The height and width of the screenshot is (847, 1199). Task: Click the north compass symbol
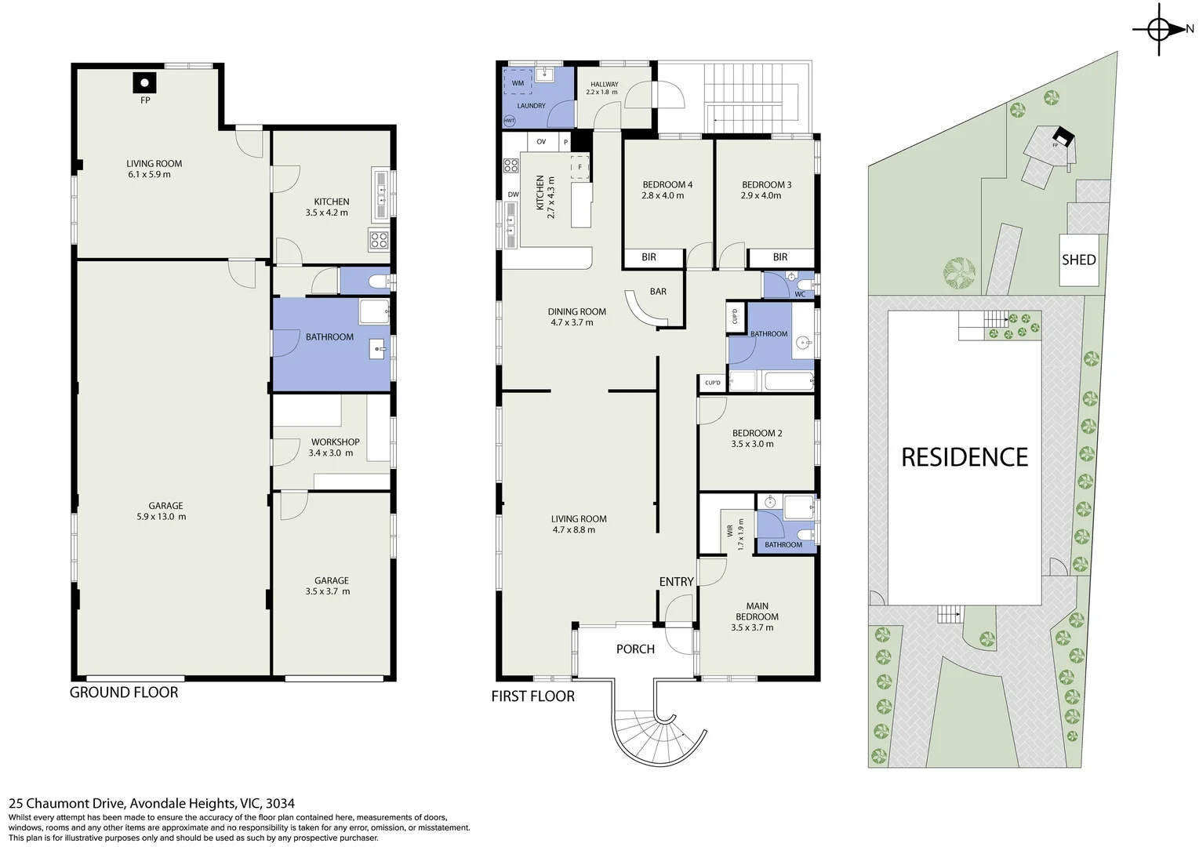click(1160, 30)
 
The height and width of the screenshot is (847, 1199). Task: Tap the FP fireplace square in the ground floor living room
click(144, 82)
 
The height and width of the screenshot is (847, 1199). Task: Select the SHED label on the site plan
click(1078, 260)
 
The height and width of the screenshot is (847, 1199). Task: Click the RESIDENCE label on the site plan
click(964, 457)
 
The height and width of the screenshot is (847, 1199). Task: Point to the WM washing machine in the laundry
click(518, 82)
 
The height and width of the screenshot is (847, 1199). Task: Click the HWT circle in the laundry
click(509, 121)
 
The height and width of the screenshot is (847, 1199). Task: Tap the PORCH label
click(635, 649)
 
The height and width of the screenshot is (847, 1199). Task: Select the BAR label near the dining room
click(658, 292)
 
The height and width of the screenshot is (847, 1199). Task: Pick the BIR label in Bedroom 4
click(649, 257)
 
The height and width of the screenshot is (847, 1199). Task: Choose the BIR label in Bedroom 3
click(779, 257)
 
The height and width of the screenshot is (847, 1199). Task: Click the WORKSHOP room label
click(335, 442)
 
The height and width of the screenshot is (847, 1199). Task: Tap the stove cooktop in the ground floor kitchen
click(379, 240)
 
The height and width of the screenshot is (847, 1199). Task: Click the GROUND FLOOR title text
click(124, 693)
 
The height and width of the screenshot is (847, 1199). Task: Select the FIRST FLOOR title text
click(532, 696)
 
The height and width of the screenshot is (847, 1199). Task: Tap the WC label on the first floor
click(800, 295)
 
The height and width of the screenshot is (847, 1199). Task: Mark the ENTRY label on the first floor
click(676, 582)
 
